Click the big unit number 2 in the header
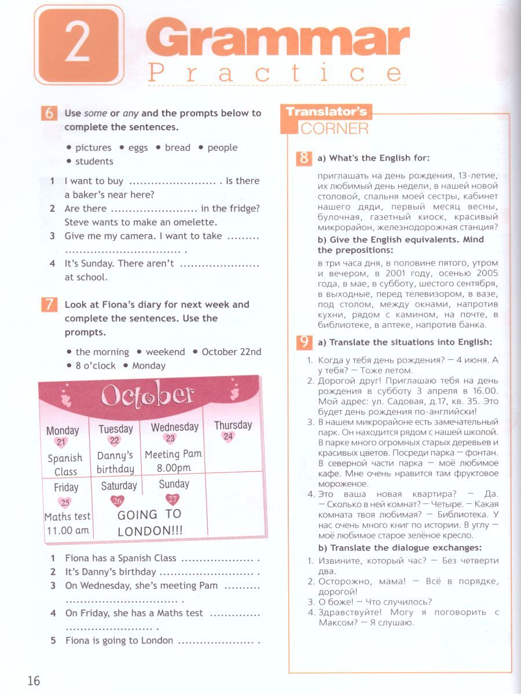pos(77,45)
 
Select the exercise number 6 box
pos(50,113)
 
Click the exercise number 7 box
pos(50,305)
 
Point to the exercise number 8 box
pos(304,158)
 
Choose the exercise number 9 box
pos(304,342)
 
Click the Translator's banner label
pos(326,112)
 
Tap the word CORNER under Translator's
pos(334,128)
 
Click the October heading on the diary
pos(147,396)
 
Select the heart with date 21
pos(62,442)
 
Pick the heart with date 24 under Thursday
pos(228,437)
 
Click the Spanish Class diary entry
pos(65,464)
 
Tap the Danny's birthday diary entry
pos(115,462)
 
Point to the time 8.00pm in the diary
pos(173,468)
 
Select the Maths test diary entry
pos(67,516)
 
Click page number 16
pos(33,680)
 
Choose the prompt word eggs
pos(138,147)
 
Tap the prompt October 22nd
pos(232,352)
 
